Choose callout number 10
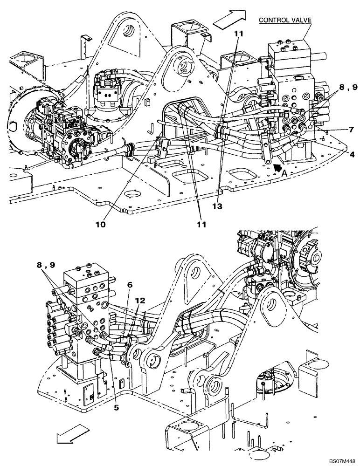tap(101, 224)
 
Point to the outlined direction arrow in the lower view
tap(68, 437)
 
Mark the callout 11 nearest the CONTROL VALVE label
tap(238, 34)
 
